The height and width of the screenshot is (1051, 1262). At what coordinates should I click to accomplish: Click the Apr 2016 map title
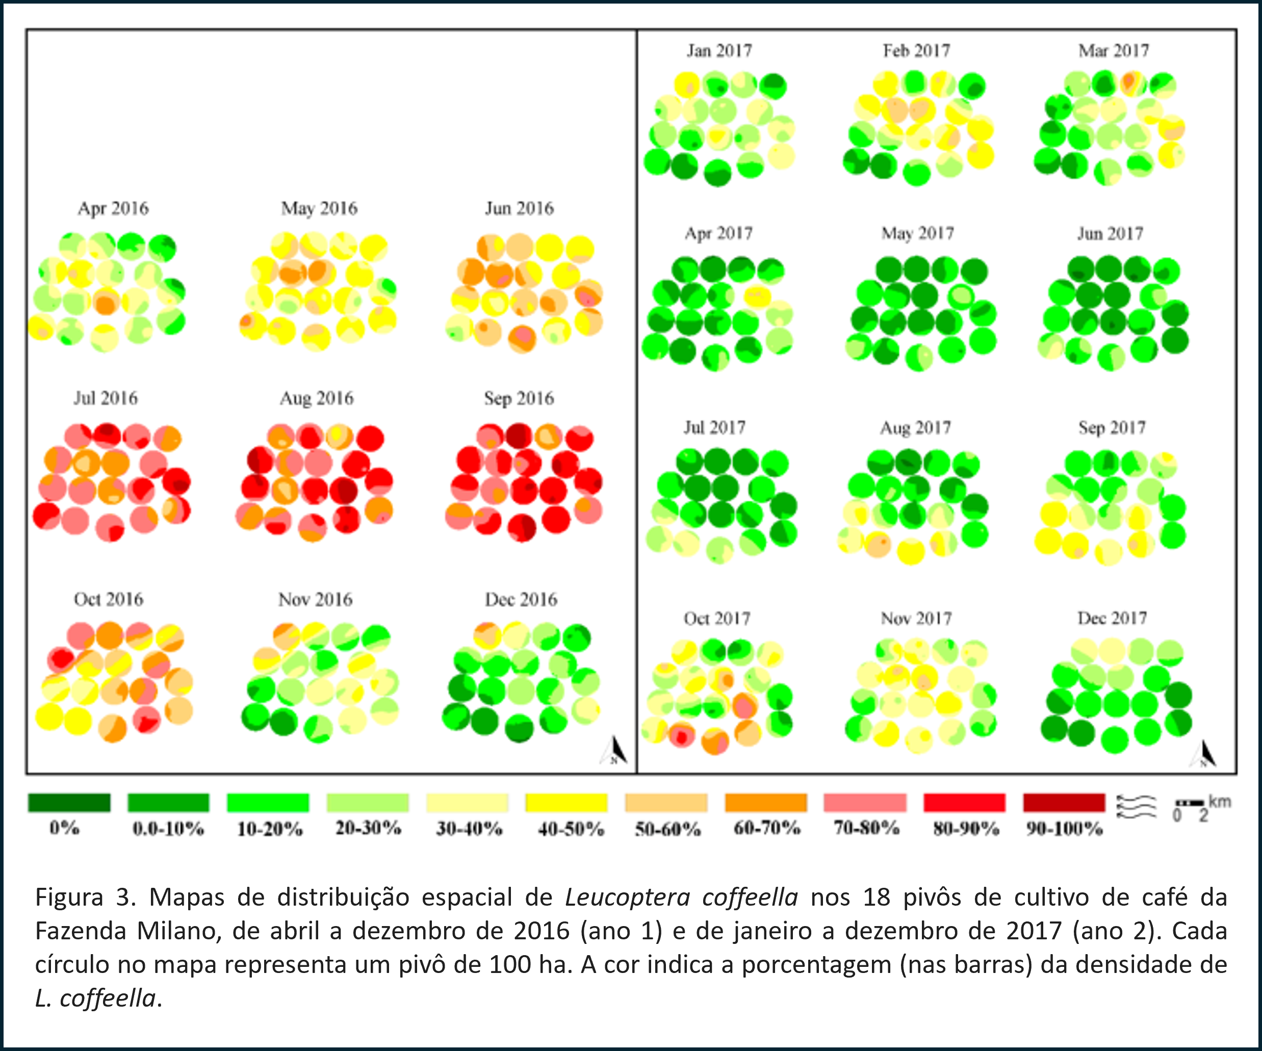(x=113, y=209)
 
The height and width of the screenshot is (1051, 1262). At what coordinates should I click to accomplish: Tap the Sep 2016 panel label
(x=519, y=398)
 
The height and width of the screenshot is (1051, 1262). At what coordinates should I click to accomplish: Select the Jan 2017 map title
(x=719, y=51)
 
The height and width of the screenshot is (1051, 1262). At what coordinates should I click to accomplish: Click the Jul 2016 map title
(x=106, y=398)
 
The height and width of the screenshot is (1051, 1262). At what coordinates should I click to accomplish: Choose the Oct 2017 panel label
(x=717, y=619)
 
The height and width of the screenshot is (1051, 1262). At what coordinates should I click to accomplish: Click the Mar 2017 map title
(x=1114, y=51)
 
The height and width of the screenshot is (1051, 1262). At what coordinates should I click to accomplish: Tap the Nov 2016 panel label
(x=315, y=599)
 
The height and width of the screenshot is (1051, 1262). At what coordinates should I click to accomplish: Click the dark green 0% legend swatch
(x=69, y=802)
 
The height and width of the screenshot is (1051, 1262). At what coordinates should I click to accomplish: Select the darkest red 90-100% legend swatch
(x=1064, y=802)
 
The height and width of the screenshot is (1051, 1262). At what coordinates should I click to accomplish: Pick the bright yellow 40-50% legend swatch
(x=566, y=802)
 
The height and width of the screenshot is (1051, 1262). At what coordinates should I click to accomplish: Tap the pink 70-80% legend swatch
(x=865, y=802)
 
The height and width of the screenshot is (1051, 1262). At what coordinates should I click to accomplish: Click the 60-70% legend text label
(x=767, y=828)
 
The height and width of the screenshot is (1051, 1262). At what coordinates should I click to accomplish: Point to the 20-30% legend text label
(x=368, y=828)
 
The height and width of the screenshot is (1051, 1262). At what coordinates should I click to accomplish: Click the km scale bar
(x=1190, y=803)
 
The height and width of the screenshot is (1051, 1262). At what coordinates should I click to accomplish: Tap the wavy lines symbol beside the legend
(x=1136, y=806)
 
